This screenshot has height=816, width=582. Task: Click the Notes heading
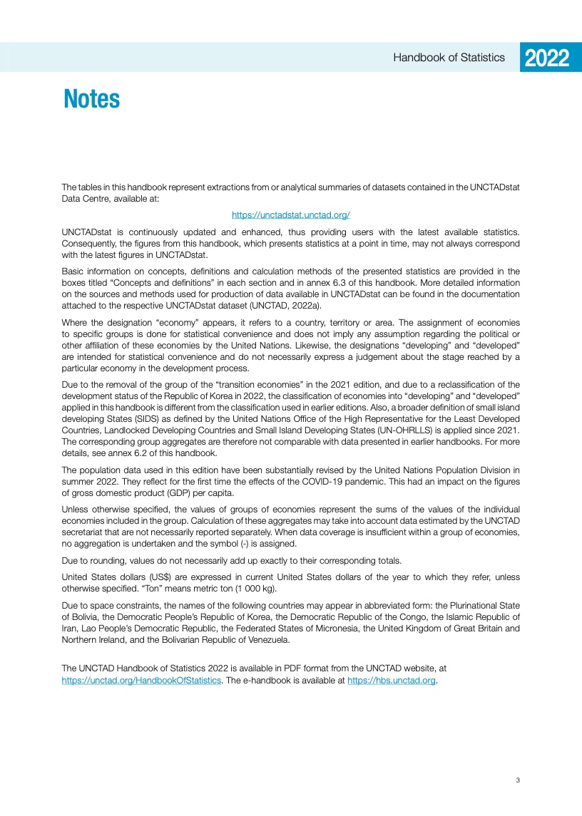point(91,99)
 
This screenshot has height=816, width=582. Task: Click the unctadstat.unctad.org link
point(290,215)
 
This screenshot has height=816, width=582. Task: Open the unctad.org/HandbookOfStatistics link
point(142,680)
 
